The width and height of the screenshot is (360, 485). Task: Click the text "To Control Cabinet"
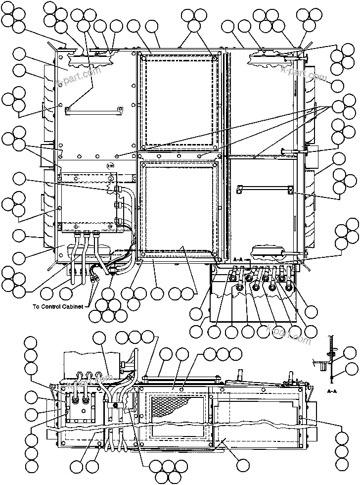[60, 306]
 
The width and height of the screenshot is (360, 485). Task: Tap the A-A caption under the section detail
[332, 390]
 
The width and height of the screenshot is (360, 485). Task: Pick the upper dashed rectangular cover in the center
[179, 102]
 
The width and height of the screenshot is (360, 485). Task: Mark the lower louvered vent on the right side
[310, 208]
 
